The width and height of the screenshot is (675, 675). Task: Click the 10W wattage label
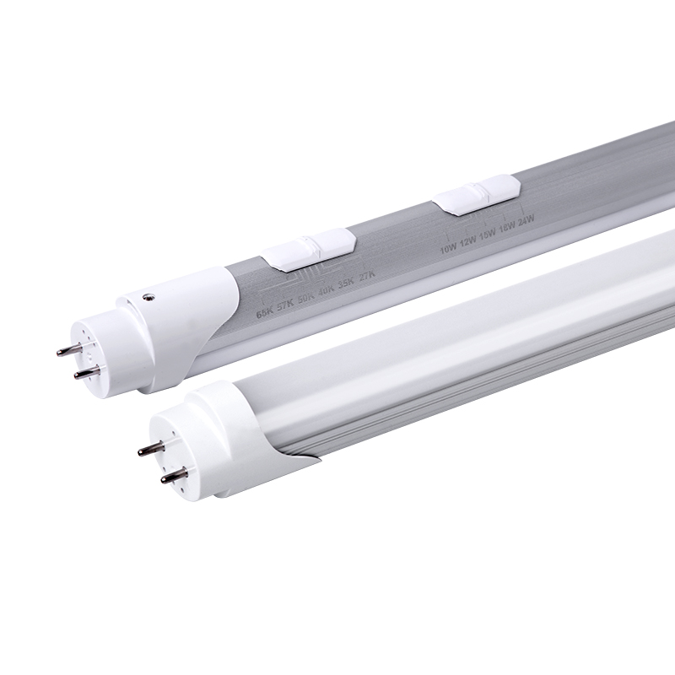447,250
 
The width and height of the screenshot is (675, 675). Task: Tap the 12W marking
467,244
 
